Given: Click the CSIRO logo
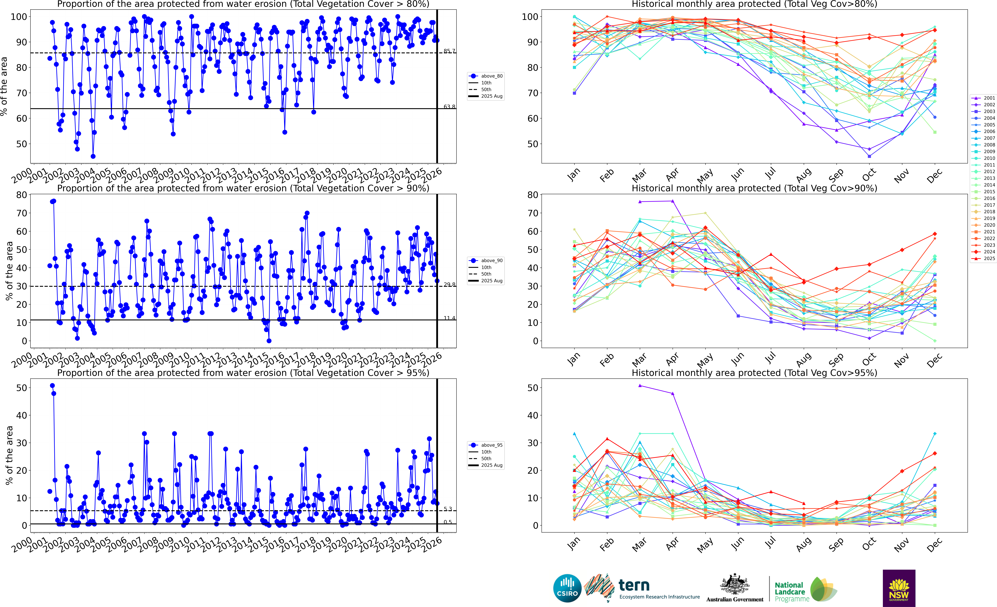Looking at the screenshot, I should pyautogui.click(x=567, y=588).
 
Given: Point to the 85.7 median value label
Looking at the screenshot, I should pyautogui.click(x=449, y=51).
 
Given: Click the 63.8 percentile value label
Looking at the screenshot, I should pyautogui.click(x=449, y=107).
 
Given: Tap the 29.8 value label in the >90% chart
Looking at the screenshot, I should pyautogui.click(x=449, y=285).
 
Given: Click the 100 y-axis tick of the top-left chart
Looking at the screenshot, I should pyautogui.click(x=19, y=17).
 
